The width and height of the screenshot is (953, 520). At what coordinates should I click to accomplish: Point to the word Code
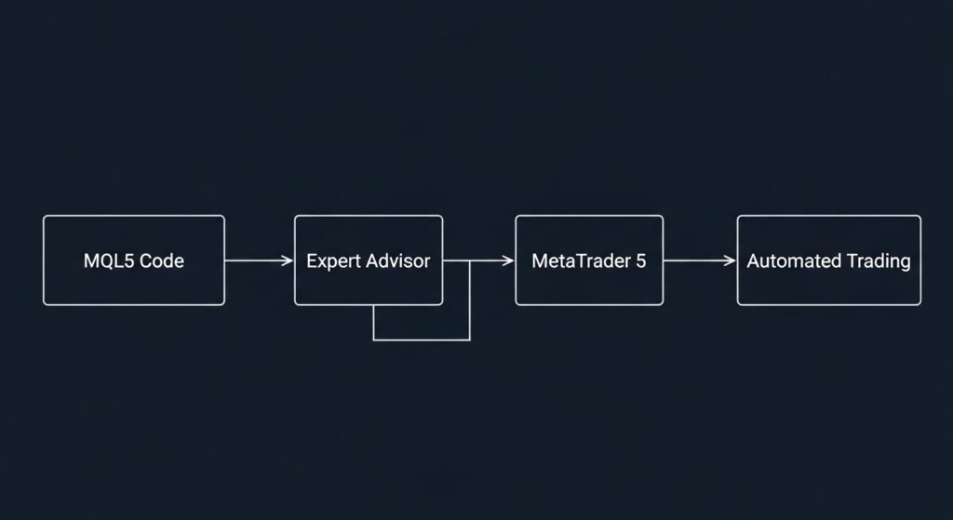click(162, 261)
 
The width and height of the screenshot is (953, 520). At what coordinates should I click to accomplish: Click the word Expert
click(333, 261)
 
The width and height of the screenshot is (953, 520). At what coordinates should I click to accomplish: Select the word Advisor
click(396, 261)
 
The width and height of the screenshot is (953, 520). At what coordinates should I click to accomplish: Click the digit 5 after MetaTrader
click(640, 261)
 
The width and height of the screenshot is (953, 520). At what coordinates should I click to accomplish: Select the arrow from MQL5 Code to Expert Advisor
click(259, 261)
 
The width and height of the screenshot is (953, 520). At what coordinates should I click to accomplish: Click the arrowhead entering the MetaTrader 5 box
click(508, 261)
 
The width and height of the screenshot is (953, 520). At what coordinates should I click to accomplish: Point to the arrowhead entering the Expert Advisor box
click(288, 261)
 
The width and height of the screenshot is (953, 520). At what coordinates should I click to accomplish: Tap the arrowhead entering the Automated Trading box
click(731, 261)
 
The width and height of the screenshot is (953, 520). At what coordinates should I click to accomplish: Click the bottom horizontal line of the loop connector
click(422, 340)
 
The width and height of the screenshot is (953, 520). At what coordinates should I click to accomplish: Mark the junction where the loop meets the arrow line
click(470, 261)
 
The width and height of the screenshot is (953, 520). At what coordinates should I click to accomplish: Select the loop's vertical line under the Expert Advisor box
click(374, 323)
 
